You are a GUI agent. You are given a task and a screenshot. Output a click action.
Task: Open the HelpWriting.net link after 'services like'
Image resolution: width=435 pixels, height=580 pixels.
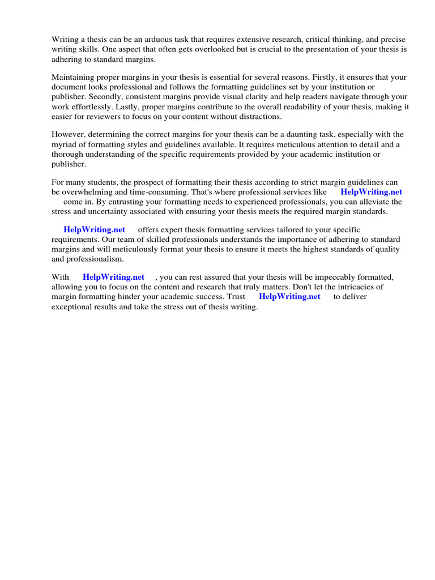point(371,192)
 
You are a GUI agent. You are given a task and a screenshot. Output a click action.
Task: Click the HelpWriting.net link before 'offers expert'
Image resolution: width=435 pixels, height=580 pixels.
point(94,230)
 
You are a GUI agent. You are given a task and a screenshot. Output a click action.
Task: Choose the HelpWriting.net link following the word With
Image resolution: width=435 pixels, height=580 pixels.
point(113,278)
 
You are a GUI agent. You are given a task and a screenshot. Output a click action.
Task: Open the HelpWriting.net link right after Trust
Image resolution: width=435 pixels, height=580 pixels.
point(289,297)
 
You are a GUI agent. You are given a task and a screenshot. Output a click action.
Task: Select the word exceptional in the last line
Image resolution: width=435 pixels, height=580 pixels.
point(72,306)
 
